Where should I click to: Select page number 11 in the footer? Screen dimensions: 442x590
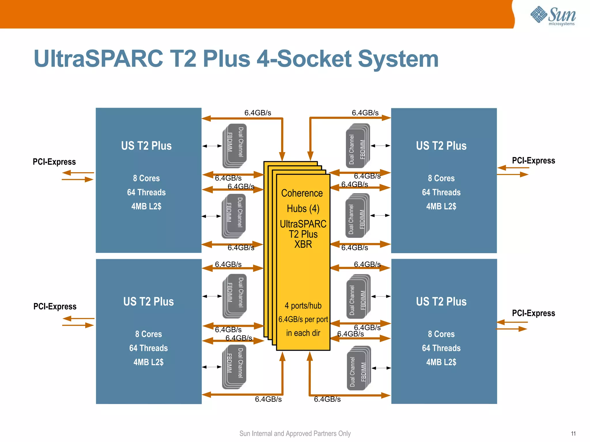point(573,433)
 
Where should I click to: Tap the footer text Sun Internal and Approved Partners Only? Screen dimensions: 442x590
point(295,433)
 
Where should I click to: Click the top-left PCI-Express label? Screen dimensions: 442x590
point(54,162)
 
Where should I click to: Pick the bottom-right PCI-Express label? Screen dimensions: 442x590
point(533,313)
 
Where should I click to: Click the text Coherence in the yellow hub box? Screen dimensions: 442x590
point(302,193)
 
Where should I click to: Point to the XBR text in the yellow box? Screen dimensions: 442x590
point(303,244)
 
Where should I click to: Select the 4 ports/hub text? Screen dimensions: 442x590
point(303,306)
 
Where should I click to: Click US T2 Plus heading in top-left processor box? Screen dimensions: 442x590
point(146,146)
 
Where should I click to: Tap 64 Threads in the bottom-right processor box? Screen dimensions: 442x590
point(441,348)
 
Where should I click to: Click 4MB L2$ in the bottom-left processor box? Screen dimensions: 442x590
point(148,362)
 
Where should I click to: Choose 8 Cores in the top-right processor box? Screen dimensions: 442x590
point(441,178)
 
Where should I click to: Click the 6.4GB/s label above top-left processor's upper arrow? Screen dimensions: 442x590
point(258,113)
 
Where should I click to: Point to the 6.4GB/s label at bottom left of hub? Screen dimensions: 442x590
point(268,399)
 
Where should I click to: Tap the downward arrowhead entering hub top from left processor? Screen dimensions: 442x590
point(282,156)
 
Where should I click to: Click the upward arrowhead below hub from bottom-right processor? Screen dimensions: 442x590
point(310,356)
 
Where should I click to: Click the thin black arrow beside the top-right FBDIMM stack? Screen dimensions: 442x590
point(380,146)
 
